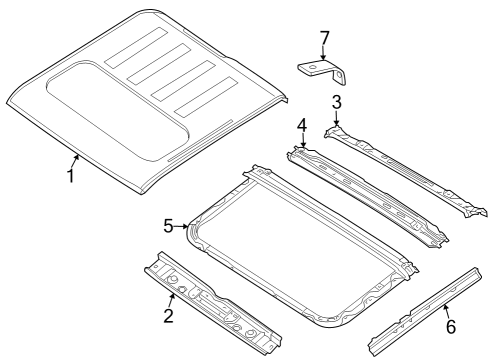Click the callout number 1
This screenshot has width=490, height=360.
click(70, 176)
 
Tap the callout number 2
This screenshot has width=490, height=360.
click(168, 317)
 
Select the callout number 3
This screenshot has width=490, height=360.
click(337, 102)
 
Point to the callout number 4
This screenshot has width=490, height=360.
click(301, 125)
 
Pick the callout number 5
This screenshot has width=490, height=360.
click(169, 226)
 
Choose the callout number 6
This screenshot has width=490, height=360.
click(450, 326)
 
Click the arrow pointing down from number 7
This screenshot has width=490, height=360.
click(323, 56)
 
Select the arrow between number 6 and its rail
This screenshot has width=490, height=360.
click(446, 309)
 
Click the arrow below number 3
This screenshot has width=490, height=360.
click(337, 119)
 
